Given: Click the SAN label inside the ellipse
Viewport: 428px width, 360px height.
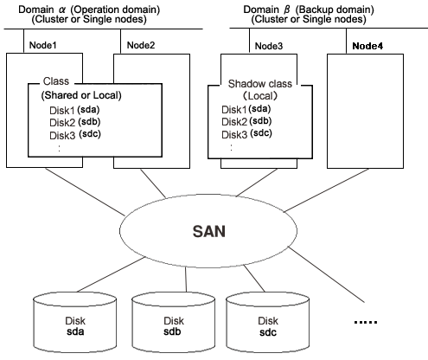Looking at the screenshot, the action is tap(208, 231).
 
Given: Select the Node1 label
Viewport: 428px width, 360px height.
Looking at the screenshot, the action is tap(42, 45).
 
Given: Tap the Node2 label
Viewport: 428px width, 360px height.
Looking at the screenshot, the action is tap(141, 45).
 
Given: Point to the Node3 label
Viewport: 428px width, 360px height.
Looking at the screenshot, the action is tap(269, 46).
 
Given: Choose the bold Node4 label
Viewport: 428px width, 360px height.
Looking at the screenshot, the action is tap(367, 46).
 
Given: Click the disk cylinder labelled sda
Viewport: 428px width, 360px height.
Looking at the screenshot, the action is tap(75, 323).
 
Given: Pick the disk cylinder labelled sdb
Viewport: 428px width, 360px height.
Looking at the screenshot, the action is tap(173, 323).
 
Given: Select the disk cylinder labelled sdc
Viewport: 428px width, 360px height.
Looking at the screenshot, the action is tap(267, 323).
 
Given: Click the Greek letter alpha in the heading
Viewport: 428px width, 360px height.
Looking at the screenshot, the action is tap(62, 10).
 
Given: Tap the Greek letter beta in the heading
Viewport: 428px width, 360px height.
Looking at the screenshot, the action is tap(287, 10).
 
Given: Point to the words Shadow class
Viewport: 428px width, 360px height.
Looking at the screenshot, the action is tap(260, 84).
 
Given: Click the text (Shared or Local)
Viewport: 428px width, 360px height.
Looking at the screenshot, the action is tap(81, 95).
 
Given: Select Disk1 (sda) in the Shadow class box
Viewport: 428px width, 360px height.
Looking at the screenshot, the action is tap(246, 109).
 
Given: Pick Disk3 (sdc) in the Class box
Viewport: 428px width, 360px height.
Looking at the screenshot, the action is tap(75, 135).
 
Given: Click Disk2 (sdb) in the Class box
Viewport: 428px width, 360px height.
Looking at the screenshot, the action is tap(75, 122).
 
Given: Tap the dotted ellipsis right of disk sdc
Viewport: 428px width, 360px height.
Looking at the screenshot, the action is tap(366, 322).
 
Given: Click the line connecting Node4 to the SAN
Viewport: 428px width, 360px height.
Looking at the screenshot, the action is tap(327, 190).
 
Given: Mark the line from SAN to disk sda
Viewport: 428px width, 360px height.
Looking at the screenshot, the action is tap(111, 274).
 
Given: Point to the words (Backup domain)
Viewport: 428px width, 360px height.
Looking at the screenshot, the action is tap(335, 10).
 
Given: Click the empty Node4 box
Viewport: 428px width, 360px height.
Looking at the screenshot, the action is tap(365, 111).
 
